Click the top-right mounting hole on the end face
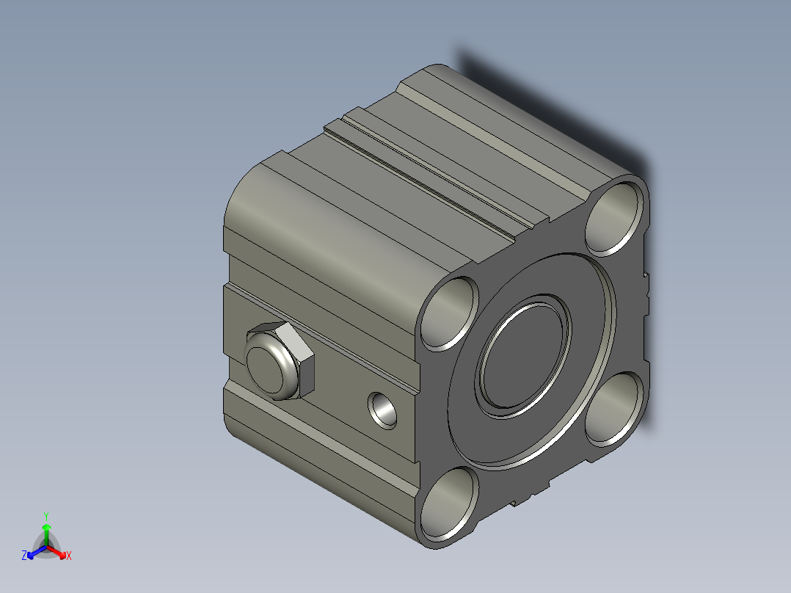(614, 219)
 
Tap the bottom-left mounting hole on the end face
(449, 503)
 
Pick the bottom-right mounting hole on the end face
(614, 410)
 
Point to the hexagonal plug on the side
(280, 360)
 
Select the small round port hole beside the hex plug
(382, 410)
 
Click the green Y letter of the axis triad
(46, 516)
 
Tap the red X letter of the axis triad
(69, 556)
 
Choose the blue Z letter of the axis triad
(24, 555)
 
